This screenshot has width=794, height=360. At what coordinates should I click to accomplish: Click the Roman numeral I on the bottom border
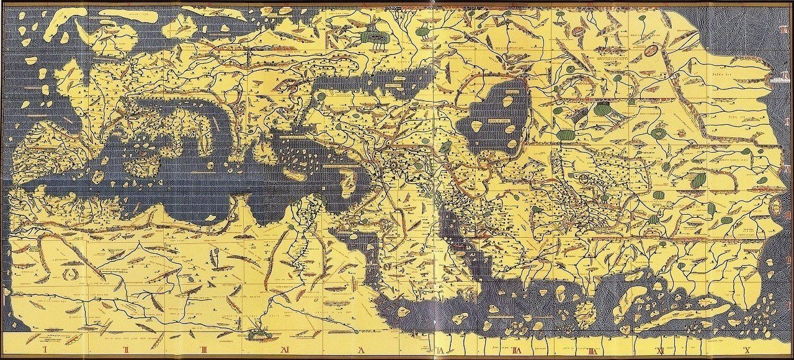(x=47, y=351)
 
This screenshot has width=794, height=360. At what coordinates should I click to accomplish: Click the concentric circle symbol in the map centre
(x=392, y=166)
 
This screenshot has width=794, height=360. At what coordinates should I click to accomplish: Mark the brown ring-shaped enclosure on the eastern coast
(x=776, y=205)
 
